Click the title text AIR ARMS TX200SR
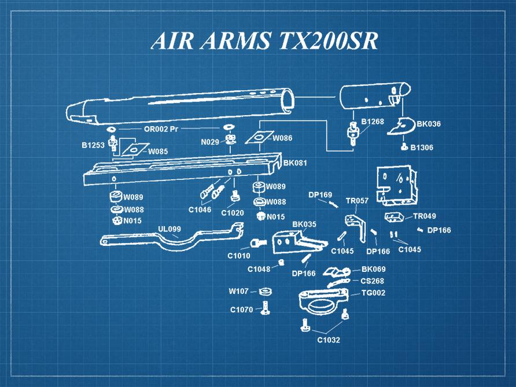264,40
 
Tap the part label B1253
93,145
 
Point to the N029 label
209,142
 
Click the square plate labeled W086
259,138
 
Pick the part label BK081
294,163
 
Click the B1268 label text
373,121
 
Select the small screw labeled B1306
405,147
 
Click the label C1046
200,209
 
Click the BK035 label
304,224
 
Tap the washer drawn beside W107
266,291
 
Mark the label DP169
320,194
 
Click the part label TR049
424,216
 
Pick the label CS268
373,281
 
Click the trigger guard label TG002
373,293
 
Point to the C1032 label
328,340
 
